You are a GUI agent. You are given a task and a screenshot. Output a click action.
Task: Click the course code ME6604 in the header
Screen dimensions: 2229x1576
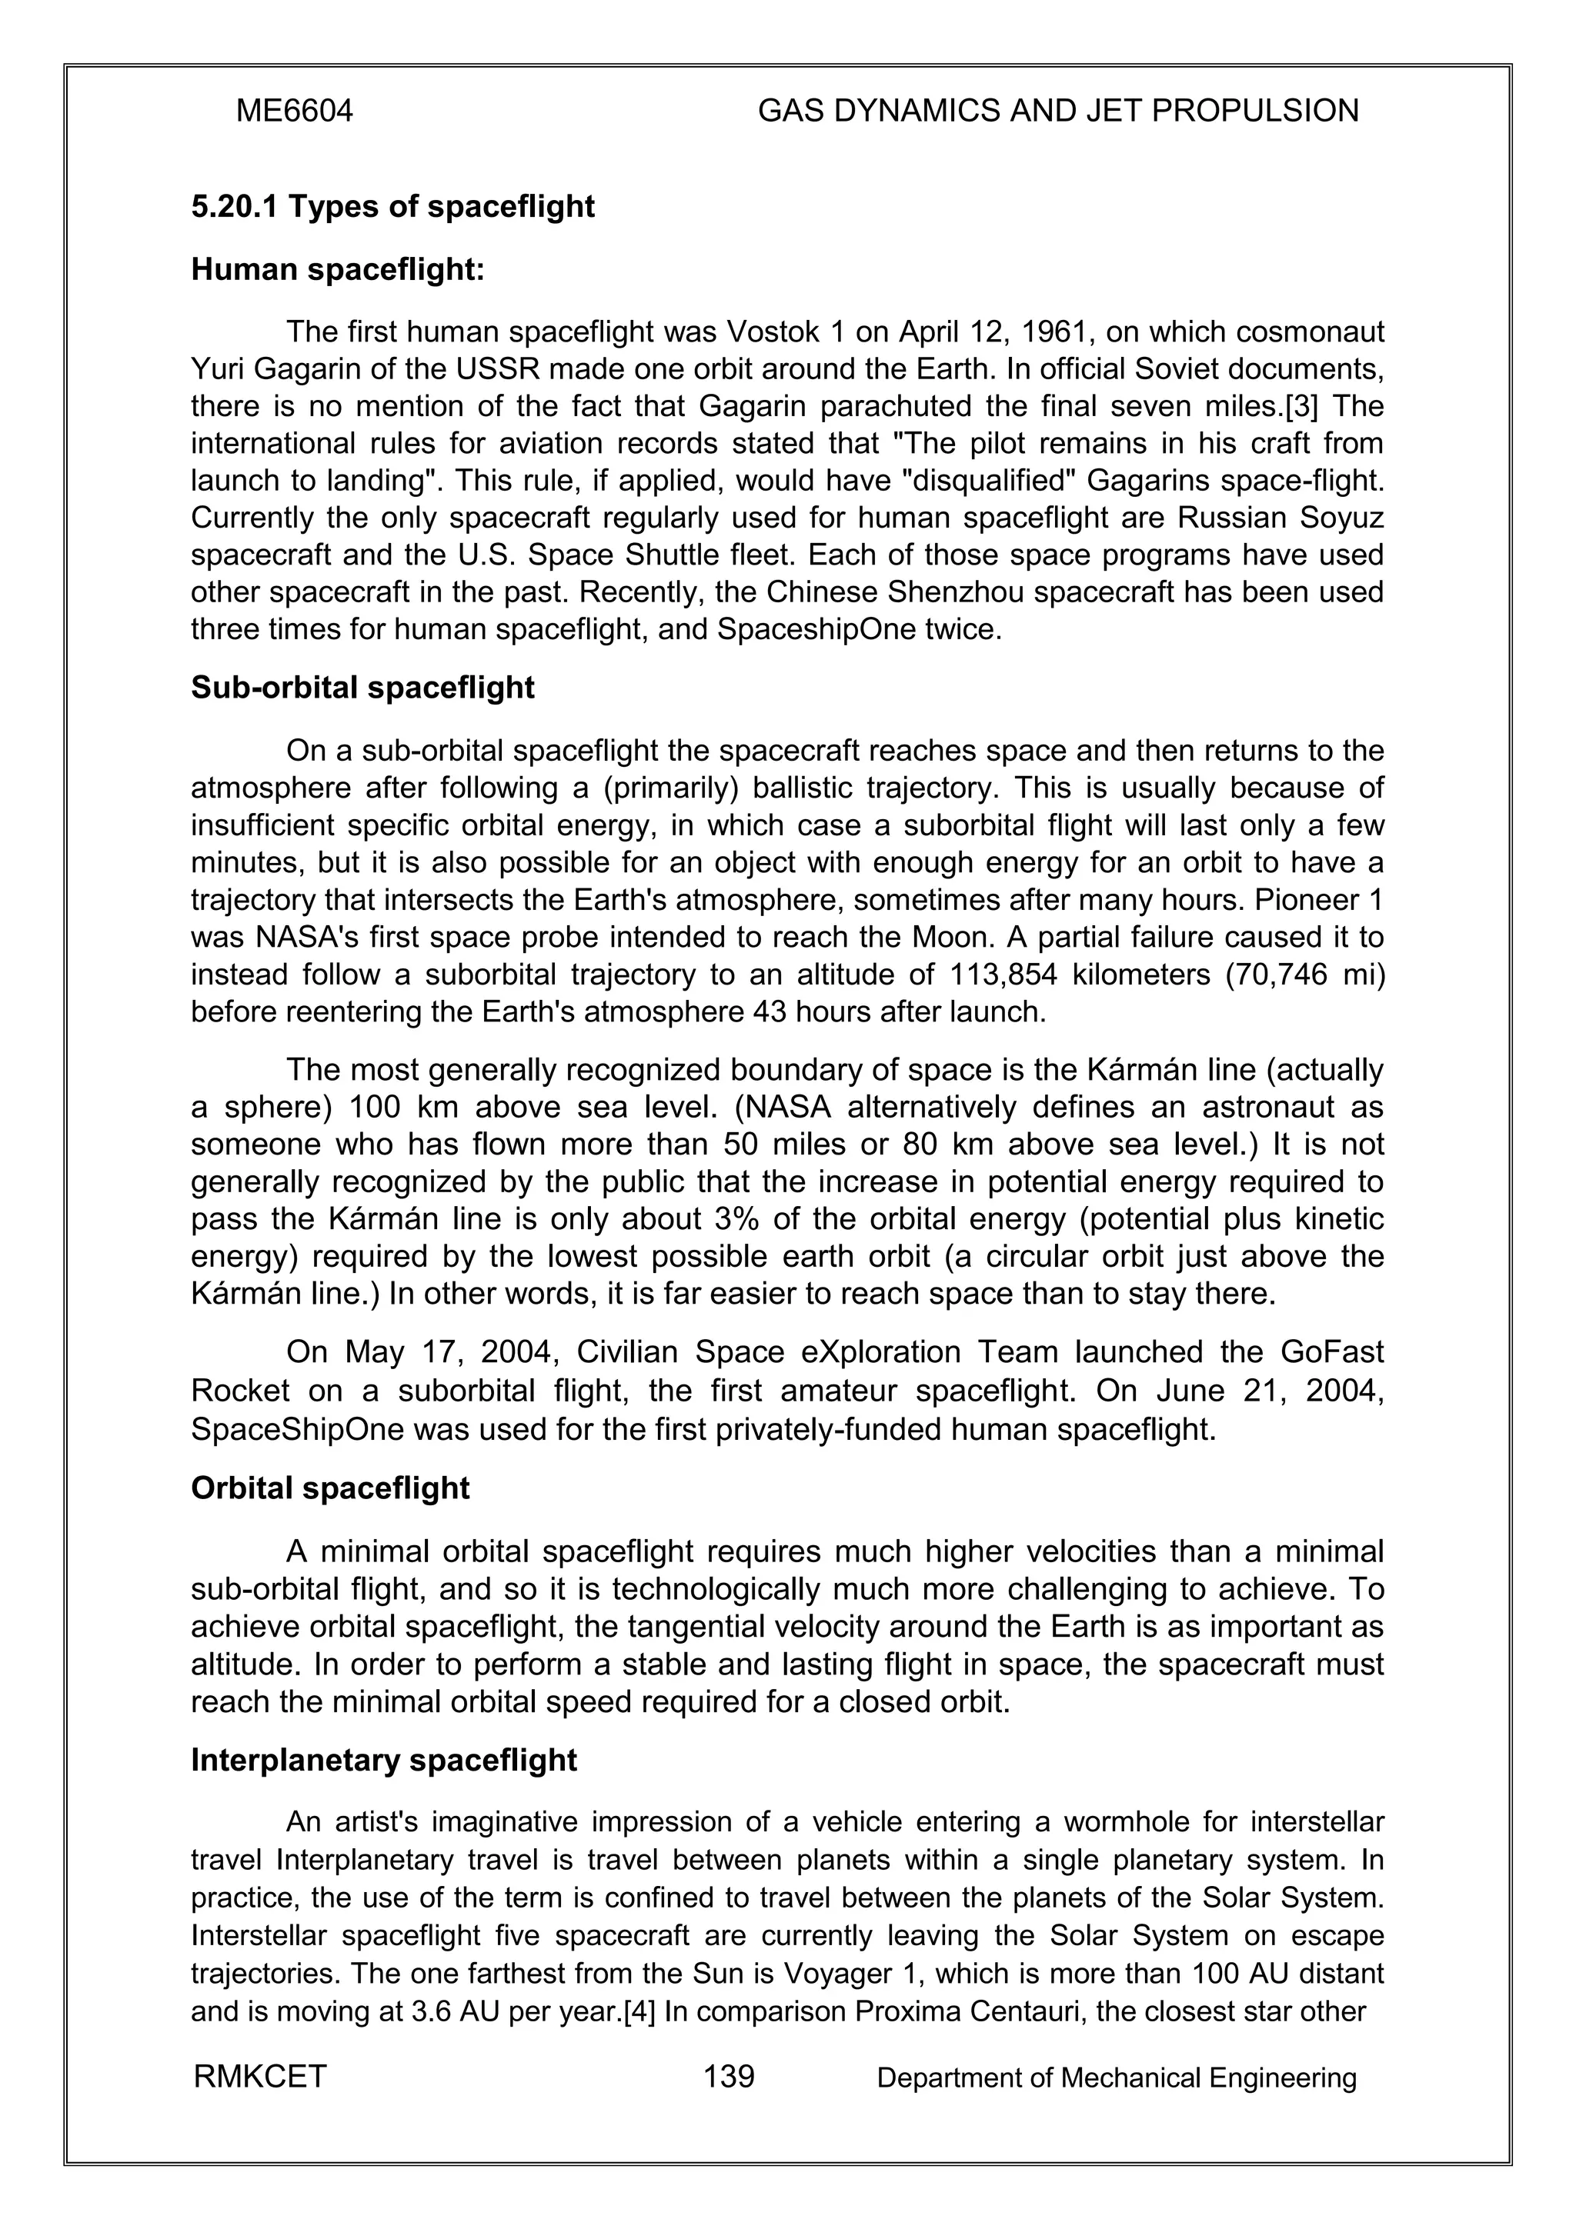[294, 112]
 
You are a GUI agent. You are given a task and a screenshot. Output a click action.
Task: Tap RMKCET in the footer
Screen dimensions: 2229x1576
[260, 2077]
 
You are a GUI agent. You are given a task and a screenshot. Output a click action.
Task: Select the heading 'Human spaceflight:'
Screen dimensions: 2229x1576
[337, 270]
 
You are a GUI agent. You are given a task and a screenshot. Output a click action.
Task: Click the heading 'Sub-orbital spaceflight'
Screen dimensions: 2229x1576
[362, 688]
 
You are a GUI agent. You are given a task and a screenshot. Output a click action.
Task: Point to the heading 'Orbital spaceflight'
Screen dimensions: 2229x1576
[330, 1488]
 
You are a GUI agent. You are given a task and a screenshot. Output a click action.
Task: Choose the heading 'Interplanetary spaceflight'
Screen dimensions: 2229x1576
[383, 1760]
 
